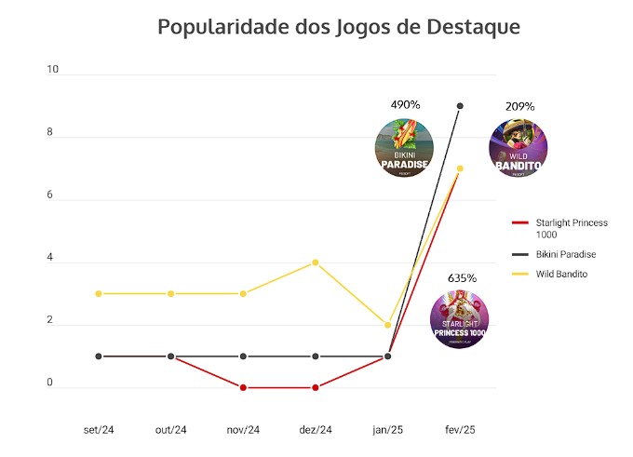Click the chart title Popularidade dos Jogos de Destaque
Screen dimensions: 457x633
[x=338, y=26]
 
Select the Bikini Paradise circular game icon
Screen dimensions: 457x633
[x=404, y=148]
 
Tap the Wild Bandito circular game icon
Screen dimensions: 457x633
[x=518, y=149]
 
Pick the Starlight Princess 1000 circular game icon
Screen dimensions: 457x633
[x=459, y=319]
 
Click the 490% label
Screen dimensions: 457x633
[x=405, y=105]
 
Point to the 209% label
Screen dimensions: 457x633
[x=519, y=106]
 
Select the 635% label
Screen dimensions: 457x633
[x=462, y=277]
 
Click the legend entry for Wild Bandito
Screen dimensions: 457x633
[x=560, y=274]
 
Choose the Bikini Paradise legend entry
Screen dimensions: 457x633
[x=565, y=254]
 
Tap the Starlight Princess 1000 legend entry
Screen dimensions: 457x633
[x=571, y=228]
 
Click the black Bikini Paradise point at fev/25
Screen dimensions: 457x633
[x=460, y=106]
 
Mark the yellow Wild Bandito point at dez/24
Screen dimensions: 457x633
[x=316, y=262]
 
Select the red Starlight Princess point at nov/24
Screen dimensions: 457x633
[x=243, y=387]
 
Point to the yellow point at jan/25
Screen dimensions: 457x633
[x=387, y=325]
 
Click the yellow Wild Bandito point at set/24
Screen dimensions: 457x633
[x=99, y=293]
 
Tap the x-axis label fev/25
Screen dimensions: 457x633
[x=460, y=429]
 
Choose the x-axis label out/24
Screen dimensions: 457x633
[x=170, y=429]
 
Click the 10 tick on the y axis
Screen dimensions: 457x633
[x=53, y=70]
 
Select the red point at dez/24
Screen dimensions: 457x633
[x=316, y=387]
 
